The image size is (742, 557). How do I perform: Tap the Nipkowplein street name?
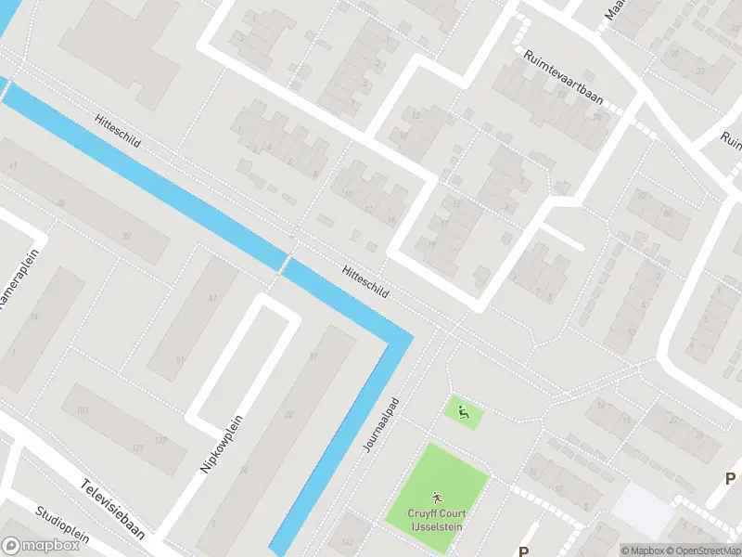click(x=220, y=444)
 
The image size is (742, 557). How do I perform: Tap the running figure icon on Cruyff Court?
click(x=437, y=498)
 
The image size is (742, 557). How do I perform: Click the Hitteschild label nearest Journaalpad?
click(x=365, y=279)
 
